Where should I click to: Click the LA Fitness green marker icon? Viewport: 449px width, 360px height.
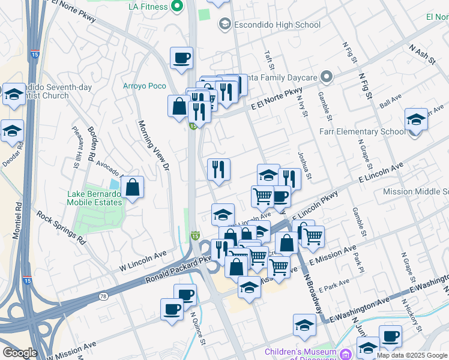pos(176,7)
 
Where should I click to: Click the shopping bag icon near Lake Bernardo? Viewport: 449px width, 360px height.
pos(132,188)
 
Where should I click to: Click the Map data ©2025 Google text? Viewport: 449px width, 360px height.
pos(412,355)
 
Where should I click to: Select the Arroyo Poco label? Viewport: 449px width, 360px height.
pos(144,86)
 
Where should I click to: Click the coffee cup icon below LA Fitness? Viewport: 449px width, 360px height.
pos(181,58)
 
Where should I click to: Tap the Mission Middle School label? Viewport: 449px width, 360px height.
pos(415,191)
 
